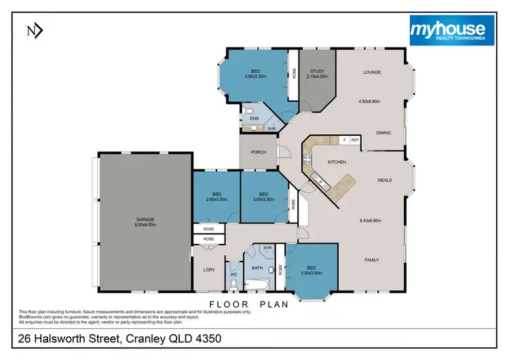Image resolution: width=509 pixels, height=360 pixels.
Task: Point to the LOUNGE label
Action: [371, 72]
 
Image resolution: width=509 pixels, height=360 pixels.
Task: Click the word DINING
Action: [384, 133]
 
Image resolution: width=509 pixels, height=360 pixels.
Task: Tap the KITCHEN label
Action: [337, 162]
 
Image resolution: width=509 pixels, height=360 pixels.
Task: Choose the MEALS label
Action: [387, 180]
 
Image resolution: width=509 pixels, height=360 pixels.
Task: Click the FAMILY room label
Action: [372, 260]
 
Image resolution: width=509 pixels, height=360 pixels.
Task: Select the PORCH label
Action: [259, 152]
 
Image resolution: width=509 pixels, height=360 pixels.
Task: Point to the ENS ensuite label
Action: [254, 119]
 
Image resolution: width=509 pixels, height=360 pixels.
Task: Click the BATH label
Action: [257, 268]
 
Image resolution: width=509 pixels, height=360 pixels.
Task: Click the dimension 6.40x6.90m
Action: [371, 219]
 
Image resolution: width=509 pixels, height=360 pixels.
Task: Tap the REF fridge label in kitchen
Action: [354, 140]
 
